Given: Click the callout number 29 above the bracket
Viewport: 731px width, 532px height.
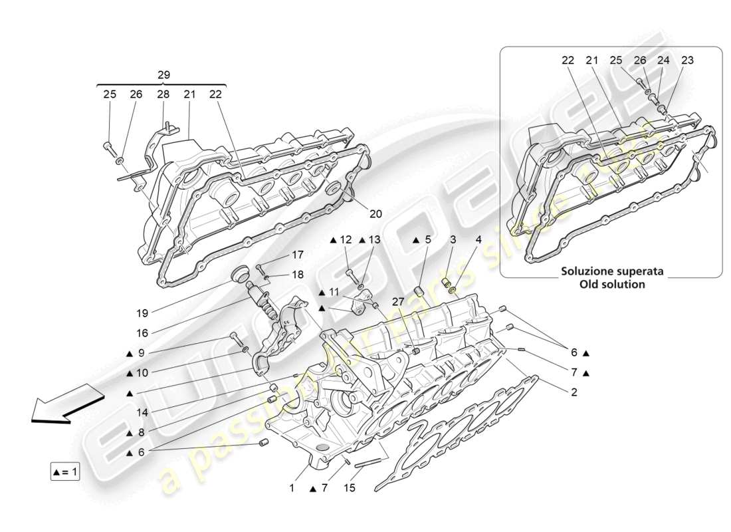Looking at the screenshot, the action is point(163,75).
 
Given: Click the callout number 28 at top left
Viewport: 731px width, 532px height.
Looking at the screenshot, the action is point(163,94).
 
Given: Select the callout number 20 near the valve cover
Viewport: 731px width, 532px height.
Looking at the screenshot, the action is point(376,214).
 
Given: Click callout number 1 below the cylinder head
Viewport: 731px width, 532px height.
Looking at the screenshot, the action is point(291,487).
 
